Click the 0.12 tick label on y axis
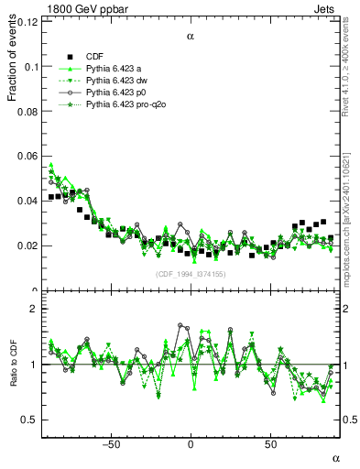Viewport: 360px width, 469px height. (x=27, y=22)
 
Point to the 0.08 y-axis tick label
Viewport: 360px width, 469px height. (x=27, y=112)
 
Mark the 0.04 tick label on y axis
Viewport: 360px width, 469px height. (x=27, y=202)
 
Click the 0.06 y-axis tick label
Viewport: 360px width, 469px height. (x=27, y=157)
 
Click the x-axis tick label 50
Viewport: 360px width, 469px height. (x=271, y=444)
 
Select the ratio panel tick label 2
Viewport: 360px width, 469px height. (x=33, y=310)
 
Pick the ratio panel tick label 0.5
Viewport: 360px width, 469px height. (x=29, y=420)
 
